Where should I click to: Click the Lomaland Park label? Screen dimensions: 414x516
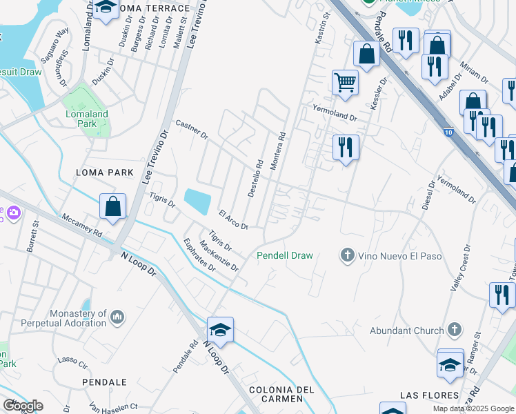pos(87,119)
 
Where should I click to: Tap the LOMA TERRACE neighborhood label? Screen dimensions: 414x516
pos(153,8)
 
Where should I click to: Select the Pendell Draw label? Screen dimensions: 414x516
pos(285,255)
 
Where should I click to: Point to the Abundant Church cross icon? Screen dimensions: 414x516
pos(454,331)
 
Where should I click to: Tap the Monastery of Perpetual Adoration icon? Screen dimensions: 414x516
pos(117,317)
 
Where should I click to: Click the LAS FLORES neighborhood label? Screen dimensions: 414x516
pos(429,395)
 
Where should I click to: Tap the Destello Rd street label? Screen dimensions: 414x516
pos(256,179)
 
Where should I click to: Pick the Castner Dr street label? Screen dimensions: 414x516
pos(192,129)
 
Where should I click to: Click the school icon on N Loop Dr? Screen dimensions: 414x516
pos(219,331)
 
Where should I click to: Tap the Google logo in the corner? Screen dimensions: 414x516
pos(23,406)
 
